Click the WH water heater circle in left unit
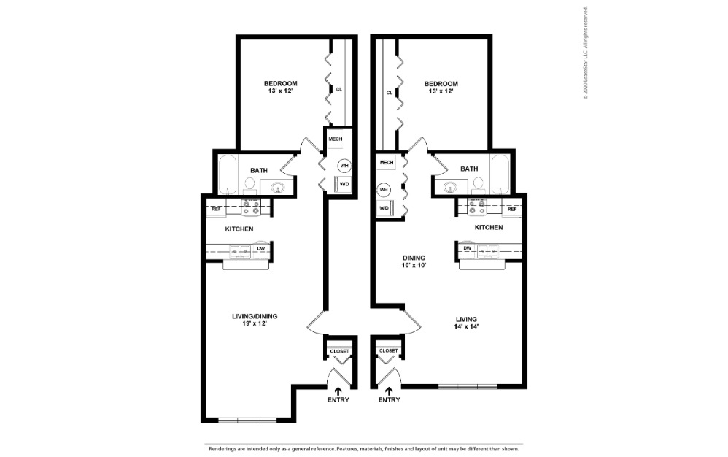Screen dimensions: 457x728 344,166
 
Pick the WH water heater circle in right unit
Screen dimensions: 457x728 384,190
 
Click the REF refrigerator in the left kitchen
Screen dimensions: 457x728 216,210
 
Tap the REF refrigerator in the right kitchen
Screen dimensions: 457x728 512,210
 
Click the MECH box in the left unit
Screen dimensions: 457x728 336,139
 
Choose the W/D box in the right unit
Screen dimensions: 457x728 384,209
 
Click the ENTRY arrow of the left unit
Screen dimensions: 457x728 338,391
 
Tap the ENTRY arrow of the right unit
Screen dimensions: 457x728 389,391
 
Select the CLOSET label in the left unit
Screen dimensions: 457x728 340,351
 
